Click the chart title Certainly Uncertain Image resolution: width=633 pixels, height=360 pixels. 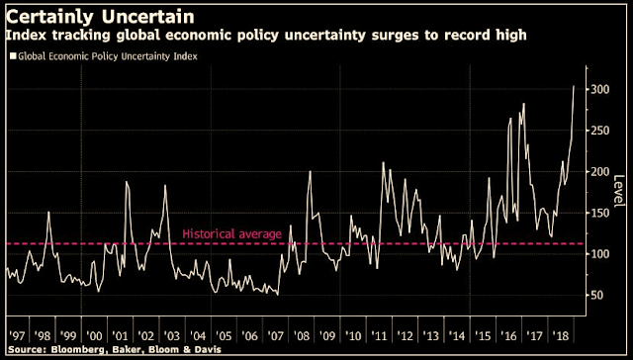coord(100,17)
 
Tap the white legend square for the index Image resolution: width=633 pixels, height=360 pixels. coord(13,56)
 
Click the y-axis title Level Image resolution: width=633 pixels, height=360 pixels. coord(619,191)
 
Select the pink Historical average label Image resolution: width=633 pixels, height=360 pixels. coord(231,234)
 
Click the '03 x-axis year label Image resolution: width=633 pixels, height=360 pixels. coord(171,336)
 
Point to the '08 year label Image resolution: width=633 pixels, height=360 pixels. coord(301,336)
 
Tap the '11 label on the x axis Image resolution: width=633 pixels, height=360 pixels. coord(379,336)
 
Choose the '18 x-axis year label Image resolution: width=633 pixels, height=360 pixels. coord(560,336)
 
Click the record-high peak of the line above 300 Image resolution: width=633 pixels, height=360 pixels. coord(574,86)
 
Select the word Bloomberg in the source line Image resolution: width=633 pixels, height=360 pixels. coord(69,349)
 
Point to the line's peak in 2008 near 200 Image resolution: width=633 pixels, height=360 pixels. coord(310,171)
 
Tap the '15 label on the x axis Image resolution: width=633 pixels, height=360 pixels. coord(482,336)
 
